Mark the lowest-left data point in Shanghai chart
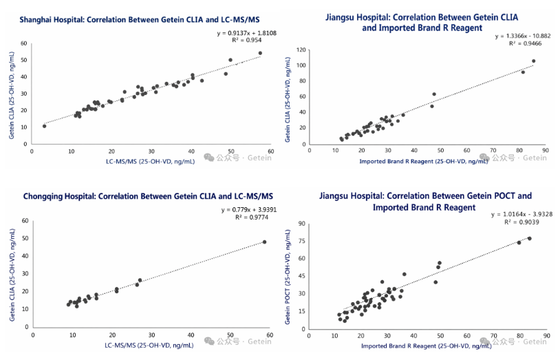pos(44,126)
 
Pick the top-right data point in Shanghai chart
pos(260,53)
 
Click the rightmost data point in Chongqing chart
pos(264,242)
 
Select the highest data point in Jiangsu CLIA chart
pos(533,61)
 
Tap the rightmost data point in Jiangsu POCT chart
pos(529,238)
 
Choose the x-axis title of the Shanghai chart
pos(150,161)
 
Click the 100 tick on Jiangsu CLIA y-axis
pos(301,66)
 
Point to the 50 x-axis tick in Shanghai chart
pos(230,151)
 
